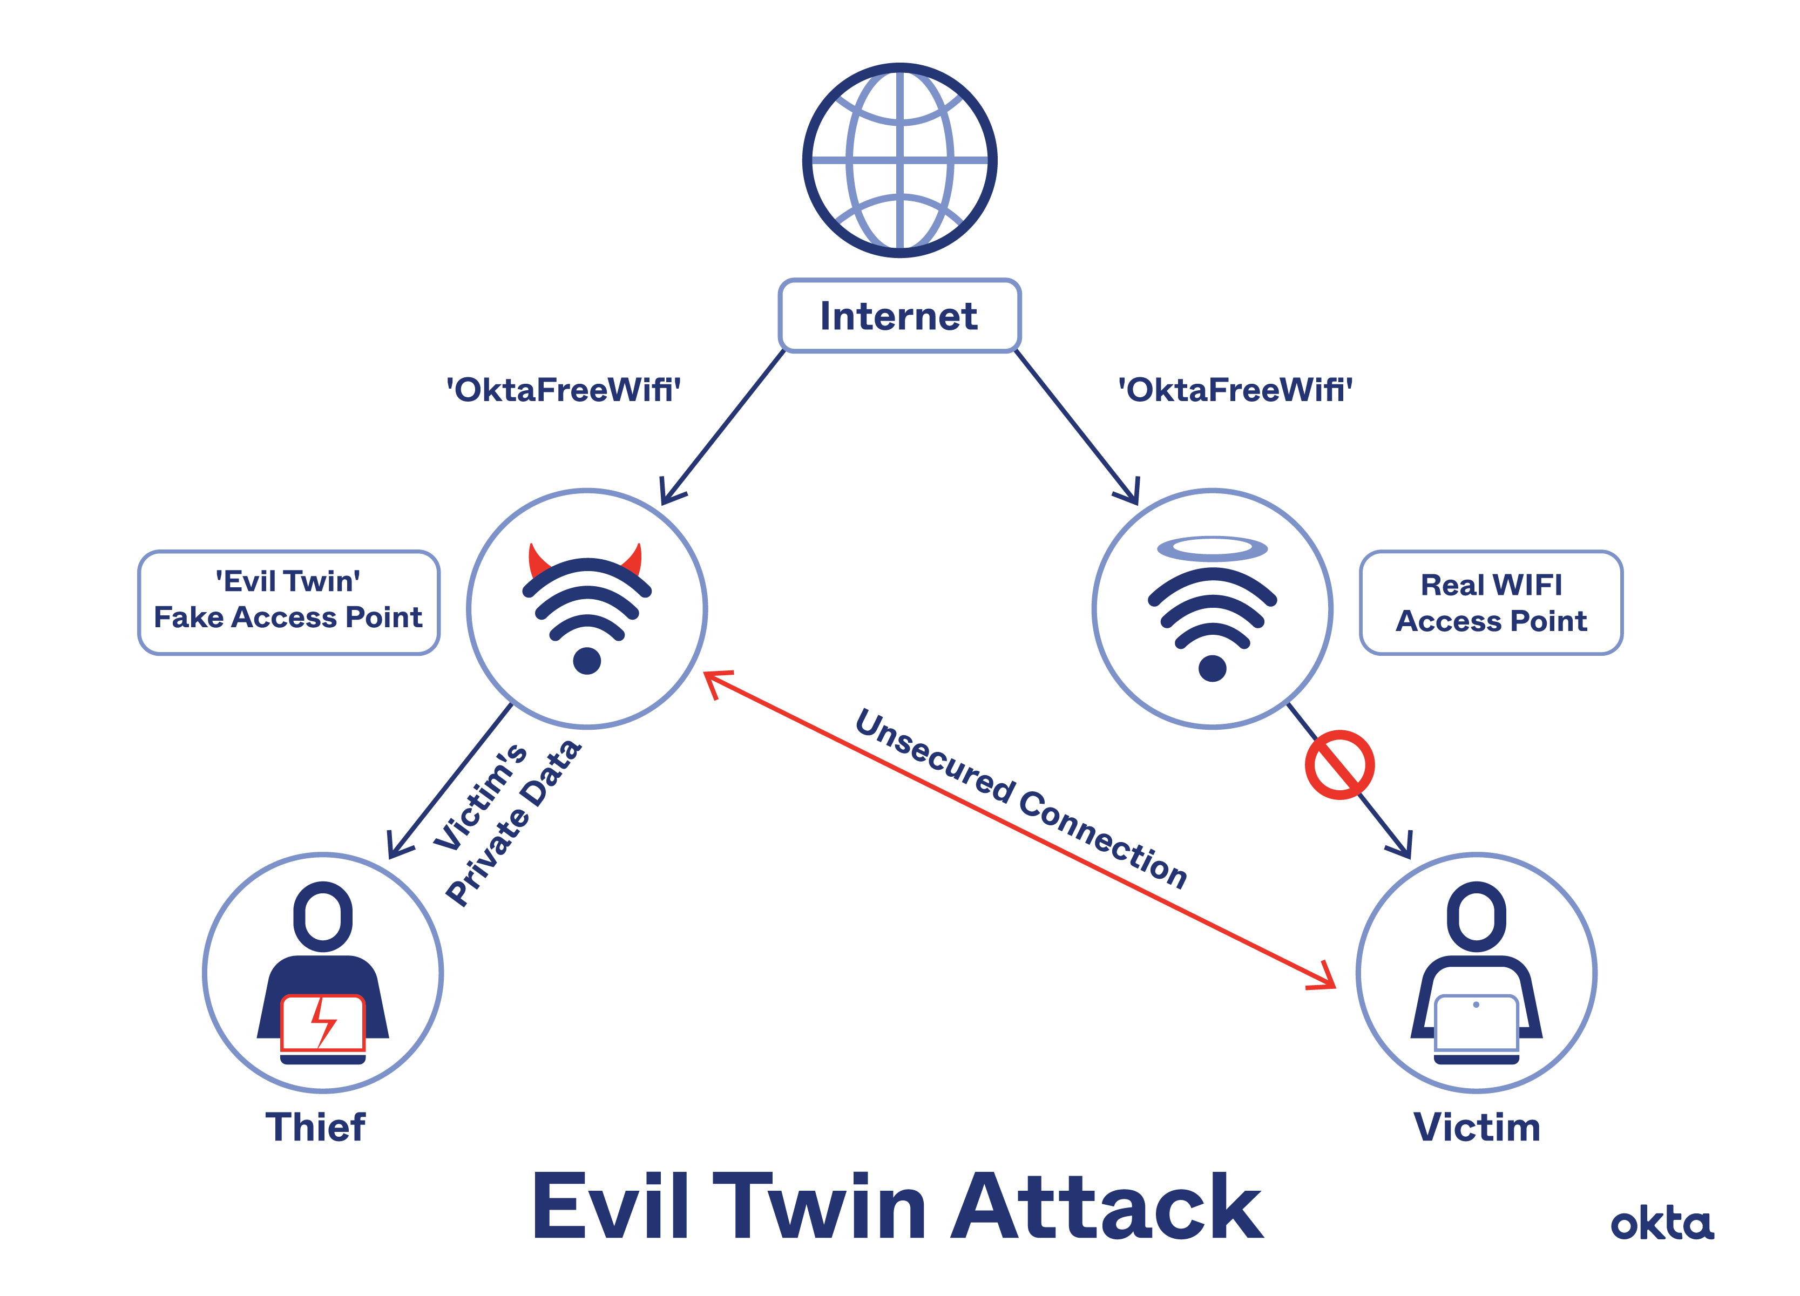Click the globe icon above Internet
899,160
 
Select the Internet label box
899,316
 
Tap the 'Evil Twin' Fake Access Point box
289,601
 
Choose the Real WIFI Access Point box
1491,602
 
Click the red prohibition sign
1339,764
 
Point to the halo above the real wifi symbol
1212,548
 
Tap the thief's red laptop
323,1024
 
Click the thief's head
323,916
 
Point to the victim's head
1476,916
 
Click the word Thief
316,1127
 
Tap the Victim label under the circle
1476,1127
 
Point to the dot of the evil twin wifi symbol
586,660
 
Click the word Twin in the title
819,1208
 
